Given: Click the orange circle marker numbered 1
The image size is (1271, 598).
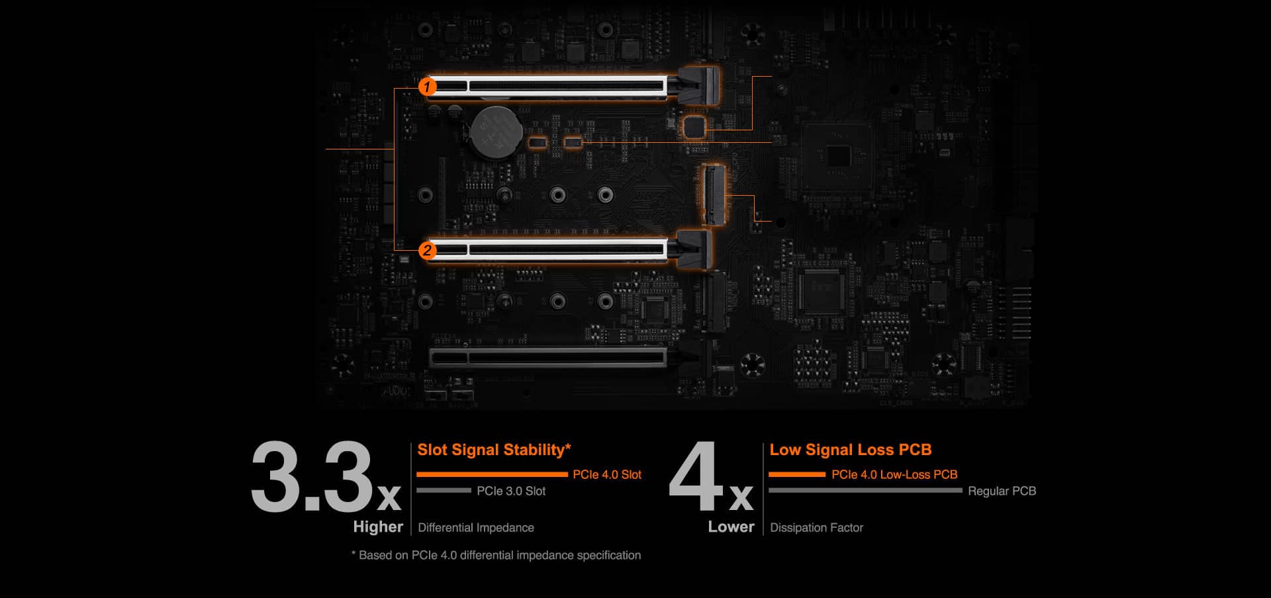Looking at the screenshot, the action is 428,87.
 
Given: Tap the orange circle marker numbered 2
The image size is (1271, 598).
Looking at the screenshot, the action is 428,250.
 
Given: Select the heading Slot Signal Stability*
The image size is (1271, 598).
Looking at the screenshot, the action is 494,450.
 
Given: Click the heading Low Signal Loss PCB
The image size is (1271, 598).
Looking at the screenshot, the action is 850,450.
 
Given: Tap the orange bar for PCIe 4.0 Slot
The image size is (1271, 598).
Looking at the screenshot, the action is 492,474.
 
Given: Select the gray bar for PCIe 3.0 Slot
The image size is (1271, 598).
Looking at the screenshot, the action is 444,491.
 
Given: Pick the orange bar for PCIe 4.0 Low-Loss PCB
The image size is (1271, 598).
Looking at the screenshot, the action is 797,474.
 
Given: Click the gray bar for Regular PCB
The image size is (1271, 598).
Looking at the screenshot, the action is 865,491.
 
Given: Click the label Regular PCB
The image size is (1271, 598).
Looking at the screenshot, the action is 1002,491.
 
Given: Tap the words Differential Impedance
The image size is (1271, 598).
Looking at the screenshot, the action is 476,528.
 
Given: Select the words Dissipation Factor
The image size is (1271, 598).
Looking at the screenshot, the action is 816,528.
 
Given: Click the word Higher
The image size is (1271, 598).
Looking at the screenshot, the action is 378,527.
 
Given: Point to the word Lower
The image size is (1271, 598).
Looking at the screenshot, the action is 731,527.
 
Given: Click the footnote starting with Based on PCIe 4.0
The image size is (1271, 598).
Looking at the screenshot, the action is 496,555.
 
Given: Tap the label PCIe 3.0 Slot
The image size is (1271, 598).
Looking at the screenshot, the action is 511,491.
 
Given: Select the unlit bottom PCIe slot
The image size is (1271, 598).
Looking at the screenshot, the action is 548,358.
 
